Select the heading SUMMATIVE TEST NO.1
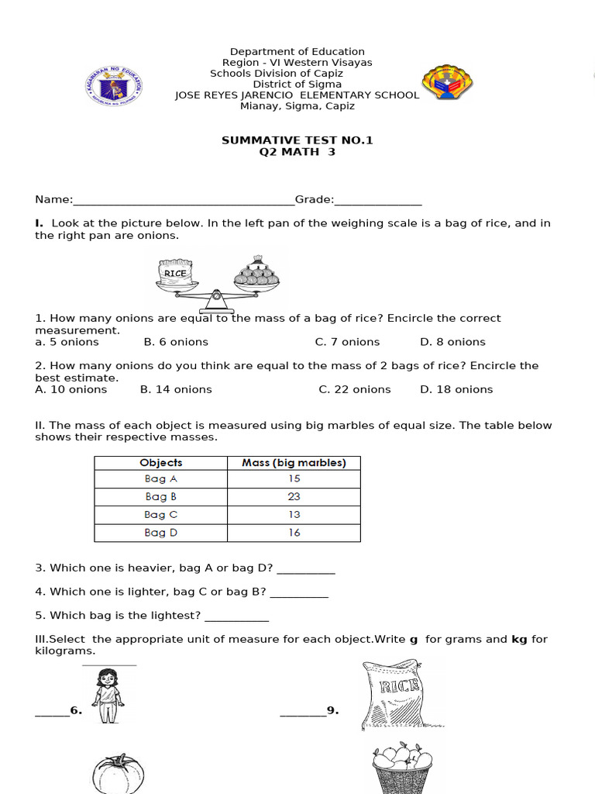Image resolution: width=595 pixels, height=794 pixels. click(297, 140)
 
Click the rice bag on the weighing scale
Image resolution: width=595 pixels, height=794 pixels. click(175, 272)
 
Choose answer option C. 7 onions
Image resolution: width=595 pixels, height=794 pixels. click(347, 342)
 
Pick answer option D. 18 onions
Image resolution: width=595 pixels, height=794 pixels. click(456, 389)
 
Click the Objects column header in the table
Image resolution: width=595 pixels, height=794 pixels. click(161, 463)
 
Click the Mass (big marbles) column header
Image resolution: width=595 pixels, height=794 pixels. click(294, 463)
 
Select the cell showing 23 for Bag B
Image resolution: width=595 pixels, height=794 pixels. click(294, 497)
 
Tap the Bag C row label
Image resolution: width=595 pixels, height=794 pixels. click(161, 515)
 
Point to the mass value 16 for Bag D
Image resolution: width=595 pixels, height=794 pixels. click(294, 533)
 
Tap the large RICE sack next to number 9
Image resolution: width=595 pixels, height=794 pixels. click(392, 695)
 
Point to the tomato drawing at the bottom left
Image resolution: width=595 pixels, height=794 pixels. click(119, 774)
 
